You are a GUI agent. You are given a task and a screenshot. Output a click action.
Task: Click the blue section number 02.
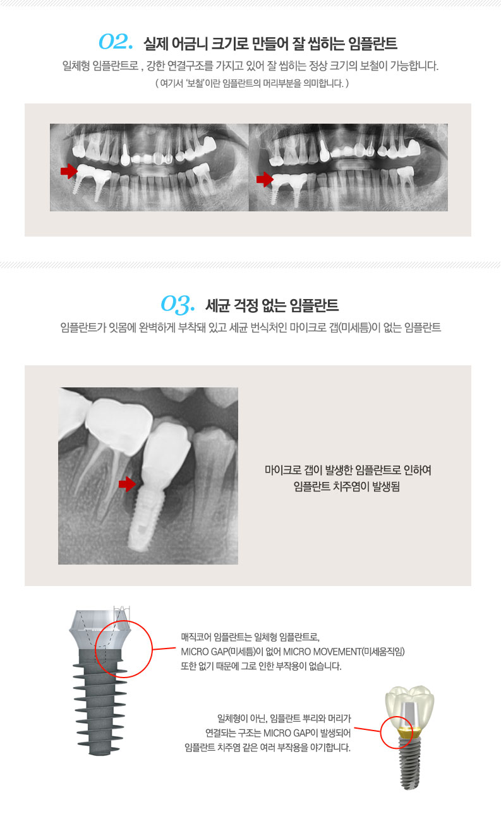tap(116, 42)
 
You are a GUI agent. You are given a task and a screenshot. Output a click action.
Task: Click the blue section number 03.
tap(178, 304)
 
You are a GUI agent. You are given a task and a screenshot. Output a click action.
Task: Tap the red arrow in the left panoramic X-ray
tap(69, 171)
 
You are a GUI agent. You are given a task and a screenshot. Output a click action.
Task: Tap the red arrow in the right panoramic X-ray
tap(265, 179)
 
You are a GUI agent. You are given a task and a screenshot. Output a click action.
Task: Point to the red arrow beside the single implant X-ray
tap(127, 484)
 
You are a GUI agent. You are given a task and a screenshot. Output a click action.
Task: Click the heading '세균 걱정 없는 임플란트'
tap(272, 305)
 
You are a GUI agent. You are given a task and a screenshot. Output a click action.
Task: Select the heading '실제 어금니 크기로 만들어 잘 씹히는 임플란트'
tap(270, 44)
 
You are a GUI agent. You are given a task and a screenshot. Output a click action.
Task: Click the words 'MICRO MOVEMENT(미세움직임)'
tap(344, 652)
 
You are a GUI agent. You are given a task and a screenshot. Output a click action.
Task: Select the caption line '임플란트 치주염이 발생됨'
tap(347, 486)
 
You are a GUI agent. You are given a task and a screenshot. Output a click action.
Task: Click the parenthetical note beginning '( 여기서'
tap(252, 83)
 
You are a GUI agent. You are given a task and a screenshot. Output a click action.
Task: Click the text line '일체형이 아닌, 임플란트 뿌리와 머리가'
tap(284, 719)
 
